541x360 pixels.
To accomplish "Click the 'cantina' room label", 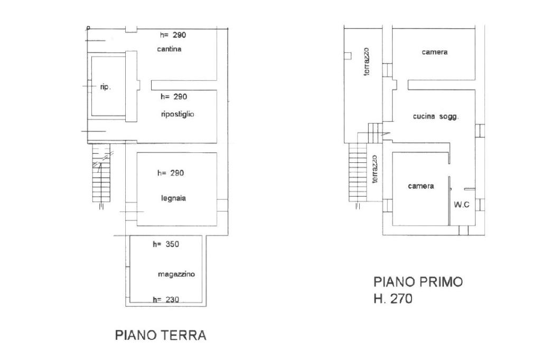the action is (169, 49).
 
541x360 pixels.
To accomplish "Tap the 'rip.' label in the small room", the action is (106, 87).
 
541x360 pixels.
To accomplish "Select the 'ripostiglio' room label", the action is (178, 114).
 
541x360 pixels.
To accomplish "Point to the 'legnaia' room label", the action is (173, 198).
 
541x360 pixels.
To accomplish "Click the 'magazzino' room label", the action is (176, 274).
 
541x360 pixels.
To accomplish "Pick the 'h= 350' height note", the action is (166, 244).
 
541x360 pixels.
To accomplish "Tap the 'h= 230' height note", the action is (166, 300).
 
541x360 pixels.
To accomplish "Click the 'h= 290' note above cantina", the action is (173, 35).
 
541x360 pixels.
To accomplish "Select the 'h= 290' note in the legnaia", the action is (171, 173).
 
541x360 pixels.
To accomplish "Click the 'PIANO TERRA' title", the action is (161, 335).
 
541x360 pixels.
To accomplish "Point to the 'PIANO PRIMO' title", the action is (418, 282).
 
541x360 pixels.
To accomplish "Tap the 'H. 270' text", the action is (393, 299).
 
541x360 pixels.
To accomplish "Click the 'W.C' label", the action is (462, 205).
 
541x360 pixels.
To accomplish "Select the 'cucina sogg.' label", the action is (436, 117).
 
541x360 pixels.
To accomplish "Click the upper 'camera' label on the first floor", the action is (435, 52).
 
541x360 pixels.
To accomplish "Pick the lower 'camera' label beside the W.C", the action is (421, 186).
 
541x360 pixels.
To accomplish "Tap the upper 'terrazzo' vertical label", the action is (367, 61).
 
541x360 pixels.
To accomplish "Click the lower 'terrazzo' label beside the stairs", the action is (375, 169).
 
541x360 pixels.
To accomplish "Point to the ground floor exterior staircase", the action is (101, 172).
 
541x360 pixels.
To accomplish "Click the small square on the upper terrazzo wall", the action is (348, 56).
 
